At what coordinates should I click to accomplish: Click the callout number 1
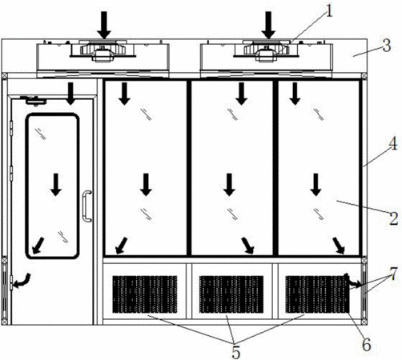(329, 11)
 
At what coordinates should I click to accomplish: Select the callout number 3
(386, 46)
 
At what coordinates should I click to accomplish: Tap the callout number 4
(393, 144)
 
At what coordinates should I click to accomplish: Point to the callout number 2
(394, 218)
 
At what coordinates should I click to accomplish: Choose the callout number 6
(367, 345)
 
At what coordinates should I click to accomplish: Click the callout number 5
(235, 353)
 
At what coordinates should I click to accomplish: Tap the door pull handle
(86, 206)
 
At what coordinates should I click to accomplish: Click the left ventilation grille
(145, 294)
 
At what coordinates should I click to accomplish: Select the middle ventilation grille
(231, 294)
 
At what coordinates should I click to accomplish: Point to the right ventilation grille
(317, 294)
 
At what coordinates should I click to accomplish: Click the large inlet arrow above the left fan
(104, 25)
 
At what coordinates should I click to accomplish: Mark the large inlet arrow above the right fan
(268, 25)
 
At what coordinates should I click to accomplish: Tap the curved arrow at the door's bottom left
(22, 281)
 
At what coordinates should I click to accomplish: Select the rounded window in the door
(52, 186)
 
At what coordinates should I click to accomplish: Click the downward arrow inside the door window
(56, 185)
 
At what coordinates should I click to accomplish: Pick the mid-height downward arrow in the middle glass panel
(229, 185)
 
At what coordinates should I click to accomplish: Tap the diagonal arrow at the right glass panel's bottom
(339, 246)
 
